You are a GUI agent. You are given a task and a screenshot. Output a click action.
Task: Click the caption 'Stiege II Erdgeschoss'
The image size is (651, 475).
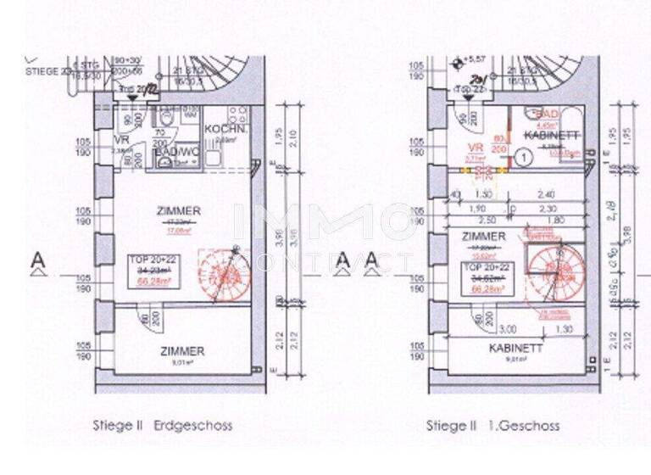coord(162,425)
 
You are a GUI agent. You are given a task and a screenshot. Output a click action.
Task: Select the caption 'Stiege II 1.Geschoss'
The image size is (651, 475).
coord(492,425)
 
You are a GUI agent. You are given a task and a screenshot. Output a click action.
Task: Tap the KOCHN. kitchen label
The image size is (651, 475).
coord(225,131)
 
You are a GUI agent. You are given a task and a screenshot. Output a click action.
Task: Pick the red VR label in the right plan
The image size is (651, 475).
coord(476,147)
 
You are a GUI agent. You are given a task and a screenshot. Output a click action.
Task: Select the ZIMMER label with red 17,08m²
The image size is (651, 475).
coord(179,210)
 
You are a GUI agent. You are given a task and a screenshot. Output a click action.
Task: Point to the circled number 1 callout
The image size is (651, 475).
coord(524,156)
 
